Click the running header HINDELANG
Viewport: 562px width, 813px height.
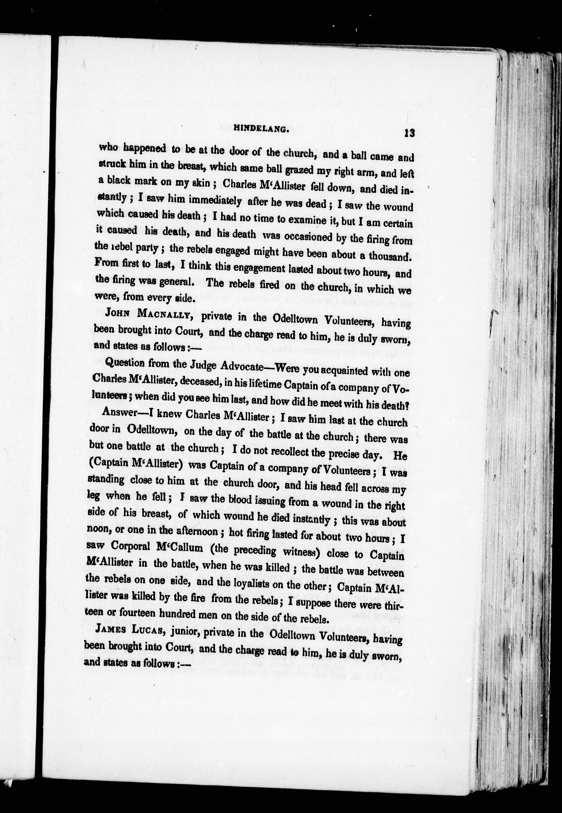(x=261, y=129)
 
